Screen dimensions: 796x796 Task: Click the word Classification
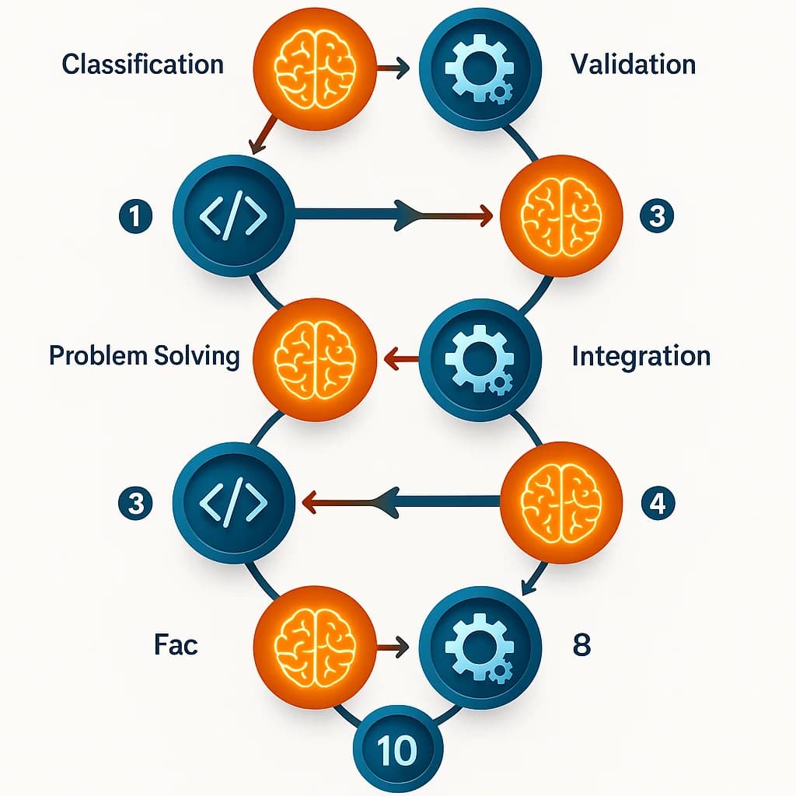pyautogui.click(x=142, y=65)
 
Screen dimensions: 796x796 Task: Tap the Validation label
pyautogui.click(x=633, y=65)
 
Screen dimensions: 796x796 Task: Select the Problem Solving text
pyautogui.click(x=144, y=356)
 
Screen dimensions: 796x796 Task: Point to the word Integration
pyautogui.click(x=641, y=356)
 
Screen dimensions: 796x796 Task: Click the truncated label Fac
pyautogui.click(x=176, y=645)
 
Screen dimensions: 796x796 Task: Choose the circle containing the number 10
pyautogui.click(x=397, y=749)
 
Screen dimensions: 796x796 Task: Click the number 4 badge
pyautogui.click(x=657, y=504)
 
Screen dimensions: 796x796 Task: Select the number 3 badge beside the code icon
pyautogui.click(x=136, y=504)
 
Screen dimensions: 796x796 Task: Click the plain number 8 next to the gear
pyautogui.click(x=581, y=645)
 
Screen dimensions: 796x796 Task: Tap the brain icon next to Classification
pyautogui.click(x=316, y=68)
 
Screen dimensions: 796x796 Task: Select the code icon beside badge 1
pyautogui.click(x=233, y=215)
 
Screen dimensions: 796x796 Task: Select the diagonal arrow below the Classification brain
pyautogui.click(x=262, y=134)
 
